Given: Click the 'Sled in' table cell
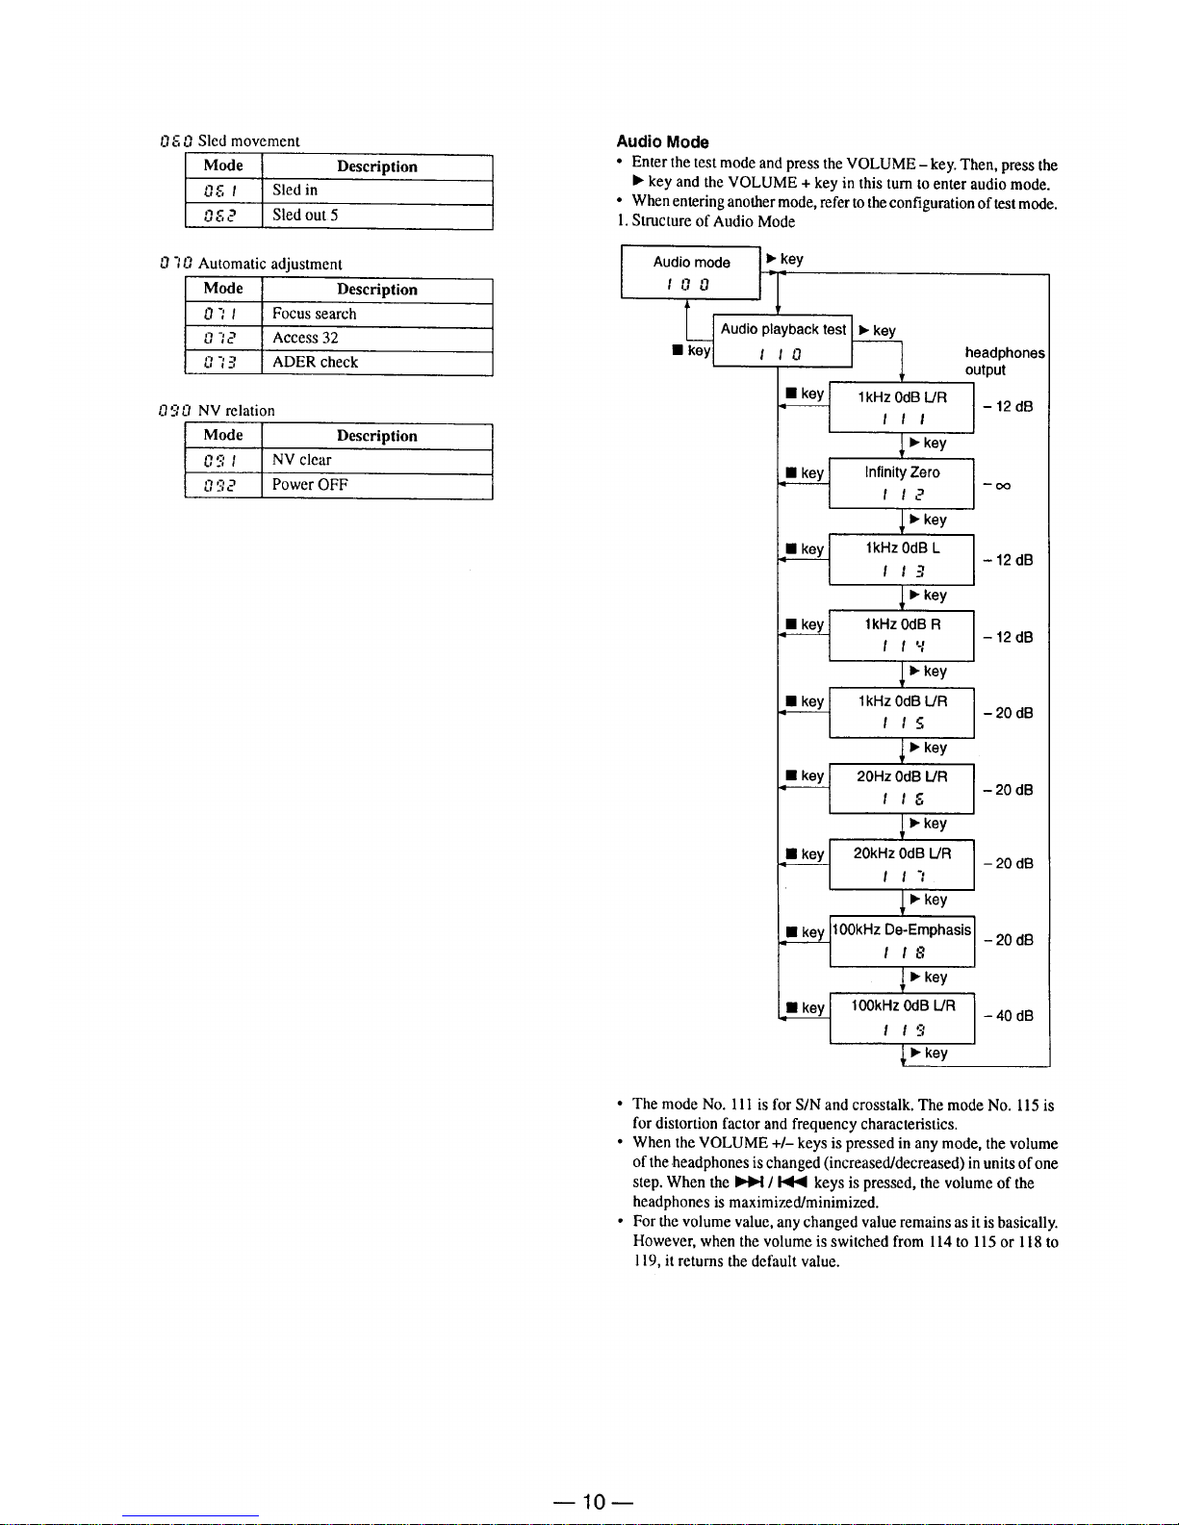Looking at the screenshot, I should coord(376,191).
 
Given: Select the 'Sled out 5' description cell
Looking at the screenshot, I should coord(376,216).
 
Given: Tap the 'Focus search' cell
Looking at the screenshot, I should coord(376,314).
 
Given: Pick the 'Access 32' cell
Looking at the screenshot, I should coord(376,338).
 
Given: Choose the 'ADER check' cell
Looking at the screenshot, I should coord(376,363).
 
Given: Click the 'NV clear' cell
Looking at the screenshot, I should coord(376,460).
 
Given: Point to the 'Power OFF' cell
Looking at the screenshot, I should coord(376,485).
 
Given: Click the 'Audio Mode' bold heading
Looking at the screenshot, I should coord(662,142).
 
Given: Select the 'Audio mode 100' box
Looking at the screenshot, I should coord(691,272).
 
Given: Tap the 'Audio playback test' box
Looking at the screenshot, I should coord(782,341).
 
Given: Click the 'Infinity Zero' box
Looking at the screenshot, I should coord(902,483).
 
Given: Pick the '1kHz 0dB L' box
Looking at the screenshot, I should coord(902,559).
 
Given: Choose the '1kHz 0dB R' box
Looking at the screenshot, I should coord(902,635).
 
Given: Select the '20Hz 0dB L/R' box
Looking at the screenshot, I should coord(902,788).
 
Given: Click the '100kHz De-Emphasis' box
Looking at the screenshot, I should coord(902,941).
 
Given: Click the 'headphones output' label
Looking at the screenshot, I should coord(1004,362).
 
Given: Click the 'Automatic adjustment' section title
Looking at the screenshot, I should coord(269,264).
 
